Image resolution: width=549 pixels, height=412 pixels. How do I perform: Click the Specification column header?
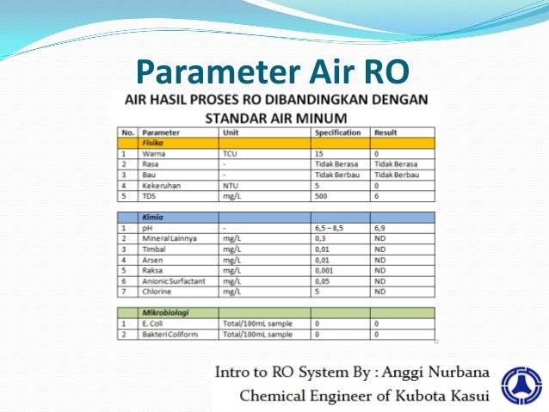click(337, 133)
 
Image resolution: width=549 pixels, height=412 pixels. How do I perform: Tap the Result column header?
click(385, 133)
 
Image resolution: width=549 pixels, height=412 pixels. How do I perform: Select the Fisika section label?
click(153, 144)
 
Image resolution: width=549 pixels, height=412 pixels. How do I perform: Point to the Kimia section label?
click(151, 218)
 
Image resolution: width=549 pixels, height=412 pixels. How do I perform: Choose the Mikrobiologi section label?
click(165, 313)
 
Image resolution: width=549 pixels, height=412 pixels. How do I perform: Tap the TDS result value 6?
click(376, 195)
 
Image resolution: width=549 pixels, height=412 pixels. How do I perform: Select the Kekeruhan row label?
click(162, 185)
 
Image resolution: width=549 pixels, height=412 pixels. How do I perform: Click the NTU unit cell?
click(231, 185)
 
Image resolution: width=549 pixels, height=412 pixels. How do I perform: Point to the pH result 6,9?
click(379, 229)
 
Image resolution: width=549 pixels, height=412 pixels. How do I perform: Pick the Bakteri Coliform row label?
click(172, 334)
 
